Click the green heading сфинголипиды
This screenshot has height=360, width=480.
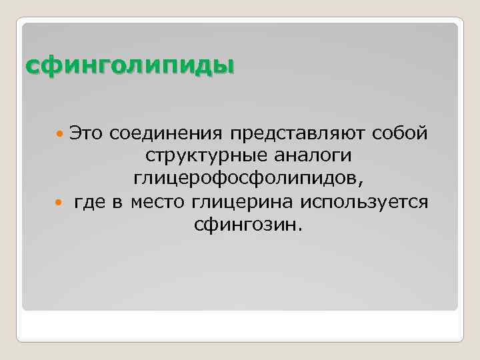130,66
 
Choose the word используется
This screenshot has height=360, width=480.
364,201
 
